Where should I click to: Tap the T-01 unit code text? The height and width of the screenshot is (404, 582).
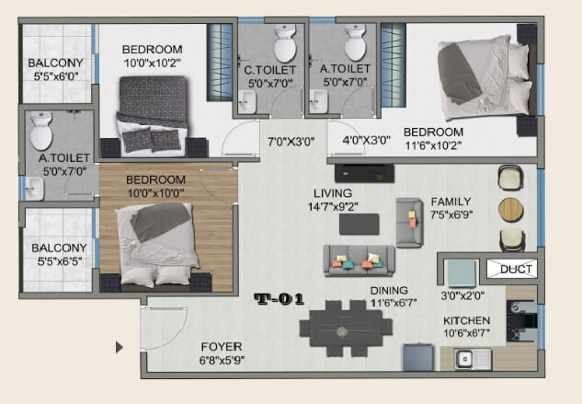[x=279, y=298]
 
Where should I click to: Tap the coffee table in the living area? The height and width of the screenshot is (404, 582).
[x=359, y=224]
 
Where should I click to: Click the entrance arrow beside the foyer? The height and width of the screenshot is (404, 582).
[x=119, y=348]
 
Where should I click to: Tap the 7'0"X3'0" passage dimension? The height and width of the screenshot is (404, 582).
[x=291, y=142]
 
